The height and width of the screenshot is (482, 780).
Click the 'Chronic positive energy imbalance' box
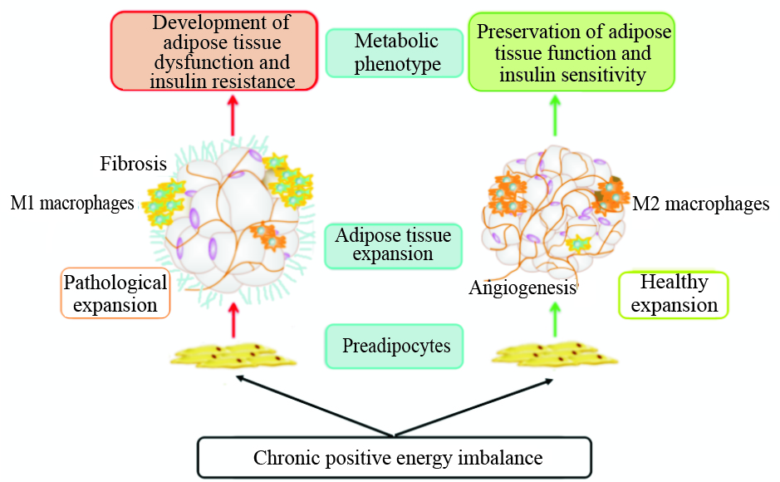(x=394, y=457)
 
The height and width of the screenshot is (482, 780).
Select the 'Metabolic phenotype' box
(x=394, y=52)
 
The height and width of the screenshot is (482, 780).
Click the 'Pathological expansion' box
(x=115, y=293)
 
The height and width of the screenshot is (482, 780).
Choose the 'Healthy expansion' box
(x=674, y=294)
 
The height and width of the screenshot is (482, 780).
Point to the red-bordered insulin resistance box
(x=214, y=51)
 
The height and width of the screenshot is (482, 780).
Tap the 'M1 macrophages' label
(x=72, y=203)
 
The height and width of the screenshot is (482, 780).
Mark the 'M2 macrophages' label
(x=701, y=204)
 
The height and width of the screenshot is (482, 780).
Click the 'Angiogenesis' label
(x=522, y=288)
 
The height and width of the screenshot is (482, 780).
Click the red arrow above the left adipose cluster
(x=233, y=115)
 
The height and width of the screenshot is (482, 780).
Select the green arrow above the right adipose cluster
(x=556, y=115)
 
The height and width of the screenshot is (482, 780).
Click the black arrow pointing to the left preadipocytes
(x=316, y=407)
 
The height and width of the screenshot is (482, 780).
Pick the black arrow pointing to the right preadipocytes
(x=473, y=407)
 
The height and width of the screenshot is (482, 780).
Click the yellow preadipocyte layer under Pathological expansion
(x=233, y=355)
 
